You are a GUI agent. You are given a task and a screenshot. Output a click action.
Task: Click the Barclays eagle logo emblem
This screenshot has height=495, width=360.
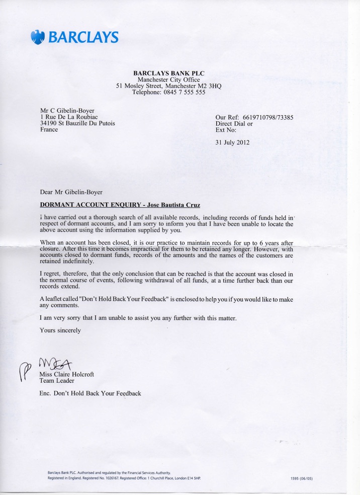38,37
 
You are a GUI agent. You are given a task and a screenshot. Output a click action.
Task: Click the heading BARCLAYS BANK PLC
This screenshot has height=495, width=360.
168,73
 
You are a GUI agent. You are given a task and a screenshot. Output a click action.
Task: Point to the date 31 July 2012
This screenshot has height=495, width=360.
232,142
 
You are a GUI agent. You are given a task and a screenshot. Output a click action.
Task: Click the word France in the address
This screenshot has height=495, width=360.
49,130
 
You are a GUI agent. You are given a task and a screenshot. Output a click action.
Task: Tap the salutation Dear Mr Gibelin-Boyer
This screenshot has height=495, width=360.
71,192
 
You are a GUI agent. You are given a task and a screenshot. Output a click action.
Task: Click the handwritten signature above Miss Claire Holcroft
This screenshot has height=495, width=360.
56,363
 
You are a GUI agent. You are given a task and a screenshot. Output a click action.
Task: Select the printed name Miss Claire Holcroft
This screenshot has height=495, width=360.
66,374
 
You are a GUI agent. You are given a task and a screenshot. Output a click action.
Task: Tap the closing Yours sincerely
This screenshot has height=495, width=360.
60,331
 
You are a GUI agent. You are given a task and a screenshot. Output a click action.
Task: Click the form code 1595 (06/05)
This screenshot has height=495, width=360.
302,478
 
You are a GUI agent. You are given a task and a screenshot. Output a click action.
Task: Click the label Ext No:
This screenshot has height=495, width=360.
226,130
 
